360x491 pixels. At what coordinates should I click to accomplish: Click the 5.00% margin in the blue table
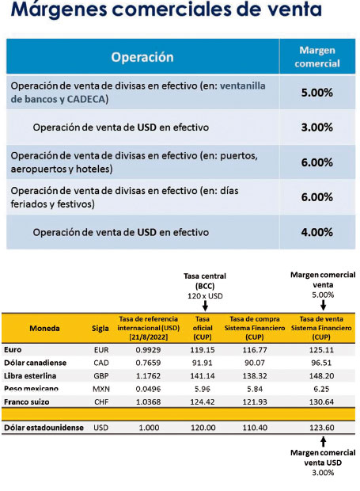[316, 93]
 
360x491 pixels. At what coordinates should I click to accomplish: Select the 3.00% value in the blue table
[316, 128]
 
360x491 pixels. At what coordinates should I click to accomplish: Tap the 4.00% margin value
[316, 232]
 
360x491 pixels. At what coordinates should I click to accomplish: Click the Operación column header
[142, 57]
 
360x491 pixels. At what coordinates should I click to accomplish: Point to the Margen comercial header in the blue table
[317, 57]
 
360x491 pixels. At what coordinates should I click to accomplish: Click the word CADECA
[86, 99]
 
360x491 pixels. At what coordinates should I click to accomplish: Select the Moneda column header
[44, 328]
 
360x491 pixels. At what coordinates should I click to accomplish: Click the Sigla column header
[100, 329]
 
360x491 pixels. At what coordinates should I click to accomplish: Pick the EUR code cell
[101, 350]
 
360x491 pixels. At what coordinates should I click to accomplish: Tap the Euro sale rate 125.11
[321, 350]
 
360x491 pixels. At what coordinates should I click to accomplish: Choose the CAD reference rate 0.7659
[148, 363]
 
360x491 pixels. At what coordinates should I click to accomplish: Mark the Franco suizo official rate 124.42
[203, 402]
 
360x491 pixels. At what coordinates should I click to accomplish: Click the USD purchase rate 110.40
[255, 428]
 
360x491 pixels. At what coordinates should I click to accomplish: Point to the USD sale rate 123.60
[322, 428]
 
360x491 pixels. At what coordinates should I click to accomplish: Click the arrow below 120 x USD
[205, 306]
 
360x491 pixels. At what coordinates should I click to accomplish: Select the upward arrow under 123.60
[324, 442]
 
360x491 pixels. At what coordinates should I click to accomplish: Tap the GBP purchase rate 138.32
[255, 375]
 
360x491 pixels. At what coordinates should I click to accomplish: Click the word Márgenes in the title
[59, 9]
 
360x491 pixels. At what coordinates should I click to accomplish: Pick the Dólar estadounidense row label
[44, 428]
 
